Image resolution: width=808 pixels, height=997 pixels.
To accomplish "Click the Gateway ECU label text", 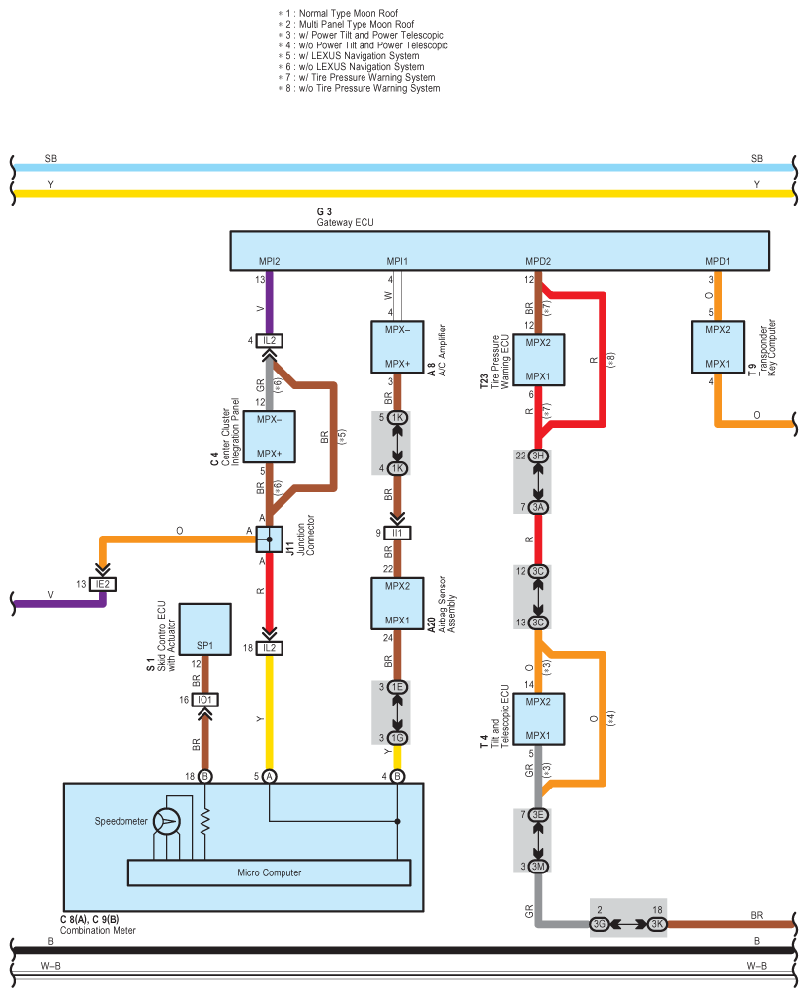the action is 345,222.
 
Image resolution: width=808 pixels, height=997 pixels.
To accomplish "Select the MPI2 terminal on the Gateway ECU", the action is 269,261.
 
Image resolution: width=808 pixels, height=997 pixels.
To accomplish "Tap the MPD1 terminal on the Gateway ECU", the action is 718,261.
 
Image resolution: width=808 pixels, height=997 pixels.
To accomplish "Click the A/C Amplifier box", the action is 397,347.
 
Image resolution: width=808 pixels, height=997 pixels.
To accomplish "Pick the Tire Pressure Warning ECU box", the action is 538,360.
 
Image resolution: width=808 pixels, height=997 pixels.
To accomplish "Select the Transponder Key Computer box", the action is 718,347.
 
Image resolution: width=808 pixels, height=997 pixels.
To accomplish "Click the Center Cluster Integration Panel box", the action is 269,437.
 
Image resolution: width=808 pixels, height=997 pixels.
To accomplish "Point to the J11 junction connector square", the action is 269,540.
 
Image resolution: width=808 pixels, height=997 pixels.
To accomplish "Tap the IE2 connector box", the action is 103,584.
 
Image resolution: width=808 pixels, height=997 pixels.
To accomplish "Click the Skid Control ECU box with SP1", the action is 204,629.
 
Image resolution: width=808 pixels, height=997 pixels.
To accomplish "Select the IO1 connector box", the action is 204,700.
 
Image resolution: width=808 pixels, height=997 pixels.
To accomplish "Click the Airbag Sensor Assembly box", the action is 397,604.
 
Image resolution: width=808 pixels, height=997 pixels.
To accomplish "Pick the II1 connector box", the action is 397,533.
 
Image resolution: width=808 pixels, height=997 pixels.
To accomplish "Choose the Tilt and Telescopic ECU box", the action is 538,718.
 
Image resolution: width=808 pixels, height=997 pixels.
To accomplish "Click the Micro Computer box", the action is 269,873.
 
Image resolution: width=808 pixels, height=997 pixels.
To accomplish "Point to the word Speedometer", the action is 121,821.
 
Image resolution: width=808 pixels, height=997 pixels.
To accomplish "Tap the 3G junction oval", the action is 599,924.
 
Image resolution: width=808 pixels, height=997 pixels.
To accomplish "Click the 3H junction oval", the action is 538,456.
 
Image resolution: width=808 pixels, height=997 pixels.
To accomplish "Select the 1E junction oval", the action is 397,687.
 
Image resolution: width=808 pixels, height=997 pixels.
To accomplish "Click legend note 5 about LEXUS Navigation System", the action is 349,56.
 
